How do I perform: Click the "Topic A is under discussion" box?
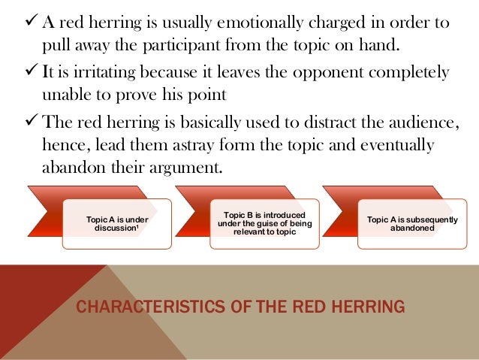click(116, 223)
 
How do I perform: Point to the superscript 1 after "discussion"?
click(140, 227)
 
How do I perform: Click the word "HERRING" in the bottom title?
click(369, 307)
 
